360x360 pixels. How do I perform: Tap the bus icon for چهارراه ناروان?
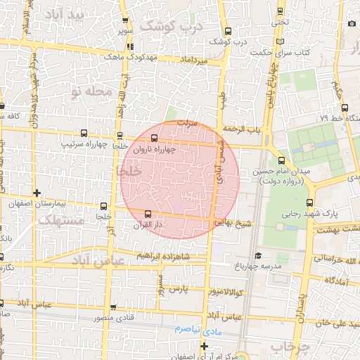154,139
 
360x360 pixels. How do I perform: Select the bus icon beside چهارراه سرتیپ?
85,134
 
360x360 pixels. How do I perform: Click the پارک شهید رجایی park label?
309,213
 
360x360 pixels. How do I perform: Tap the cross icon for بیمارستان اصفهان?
37,193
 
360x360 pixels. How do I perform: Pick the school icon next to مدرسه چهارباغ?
258,256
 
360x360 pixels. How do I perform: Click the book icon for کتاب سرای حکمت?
282,42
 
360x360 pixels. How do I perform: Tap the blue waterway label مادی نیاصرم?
198,328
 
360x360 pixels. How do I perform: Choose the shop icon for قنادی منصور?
114,308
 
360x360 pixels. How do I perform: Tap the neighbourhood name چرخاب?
285,347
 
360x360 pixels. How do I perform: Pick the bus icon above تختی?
281,11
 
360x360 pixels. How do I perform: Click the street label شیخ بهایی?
233,223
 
